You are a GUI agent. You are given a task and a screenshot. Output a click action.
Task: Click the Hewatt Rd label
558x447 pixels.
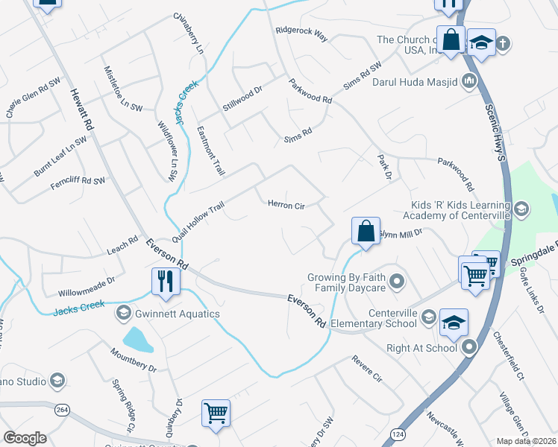point(82,111)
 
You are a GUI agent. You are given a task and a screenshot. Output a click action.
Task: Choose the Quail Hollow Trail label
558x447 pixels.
point(198,222)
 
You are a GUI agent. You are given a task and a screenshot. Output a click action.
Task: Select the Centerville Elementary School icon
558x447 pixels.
point(428,318)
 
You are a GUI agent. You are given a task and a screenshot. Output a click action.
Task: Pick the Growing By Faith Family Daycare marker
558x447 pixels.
point(398,282)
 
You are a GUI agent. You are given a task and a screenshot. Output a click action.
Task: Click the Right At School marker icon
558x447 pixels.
point(469,347)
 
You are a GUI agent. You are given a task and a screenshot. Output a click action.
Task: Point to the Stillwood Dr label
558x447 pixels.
point(242,100)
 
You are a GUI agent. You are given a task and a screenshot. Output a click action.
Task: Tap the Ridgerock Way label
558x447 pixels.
point(301,34)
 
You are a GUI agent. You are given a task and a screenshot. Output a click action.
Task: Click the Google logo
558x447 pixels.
point(25,438)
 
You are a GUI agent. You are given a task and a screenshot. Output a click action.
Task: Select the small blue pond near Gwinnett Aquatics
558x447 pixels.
point(137,340)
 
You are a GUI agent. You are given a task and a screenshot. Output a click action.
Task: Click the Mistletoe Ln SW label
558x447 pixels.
point(122,88)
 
